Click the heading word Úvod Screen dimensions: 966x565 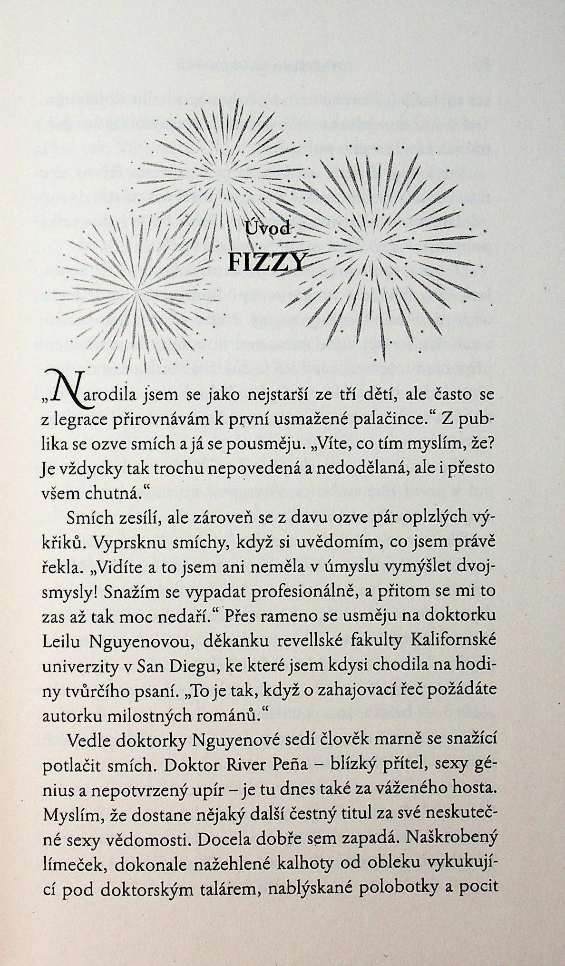point(266,229)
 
